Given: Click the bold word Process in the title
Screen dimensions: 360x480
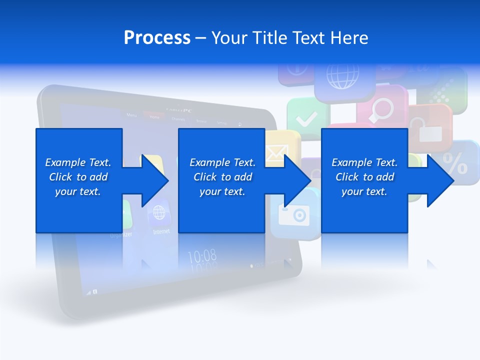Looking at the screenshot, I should click(x=157, y=38).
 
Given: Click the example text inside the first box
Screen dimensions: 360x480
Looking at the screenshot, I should click(x=78, y=177).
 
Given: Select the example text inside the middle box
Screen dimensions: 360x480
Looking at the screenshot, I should click(x=222, y=177).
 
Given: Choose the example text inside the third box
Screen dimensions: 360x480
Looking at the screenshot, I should click(x=364, y=177).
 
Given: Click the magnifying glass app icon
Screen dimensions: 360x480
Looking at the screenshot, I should click(x=382, y=110).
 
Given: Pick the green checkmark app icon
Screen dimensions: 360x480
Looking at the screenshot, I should click(x=306, y=119).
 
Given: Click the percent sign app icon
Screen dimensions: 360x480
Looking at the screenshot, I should click(x=456, y=162).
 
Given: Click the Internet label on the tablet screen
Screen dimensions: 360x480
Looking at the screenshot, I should click(x=161, y=231).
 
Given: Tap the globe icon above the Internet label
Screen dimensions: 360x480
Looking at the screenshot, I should click(x=159, y=213).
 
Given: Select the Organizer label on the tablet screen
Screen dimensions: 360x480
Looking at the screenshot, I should click(x=121, y=234).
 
